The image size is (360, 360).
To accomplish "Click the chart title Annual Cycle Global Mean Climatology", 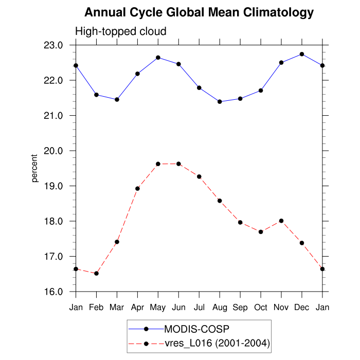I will tap(199, 12).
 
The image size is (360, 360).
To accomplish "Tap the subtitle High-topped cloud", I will tap(121, 31).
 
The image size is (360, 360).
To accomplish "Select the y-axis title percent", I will tap(34, 168).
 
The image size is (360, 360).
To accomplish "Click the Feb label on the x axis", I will tap(96, 308).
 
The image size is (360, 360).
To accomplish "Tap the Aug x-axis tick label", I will tap(220, 308).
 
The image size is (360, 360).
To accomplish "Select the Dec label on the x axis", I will tap(302, 308).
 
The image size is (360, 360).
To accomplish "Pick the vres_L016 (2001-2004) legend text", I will tap(217, 343).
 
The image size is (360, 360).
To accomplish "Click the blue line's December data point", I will tap(302, 54).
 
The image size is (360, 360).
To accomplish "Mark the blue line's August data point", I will tap(220, 102).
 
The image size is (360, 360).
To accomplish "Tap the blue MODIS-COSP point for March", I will tap(117, 99).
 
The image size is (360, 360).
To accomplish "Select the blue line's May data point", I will tap(158, 58).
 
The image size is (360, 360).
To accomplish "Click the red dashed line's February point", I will tap(96, 274).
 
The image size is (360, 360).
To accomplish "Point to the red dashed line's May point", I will tap(158, 164).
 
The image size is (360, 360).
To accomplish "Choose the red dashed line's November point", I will tap(281, 221).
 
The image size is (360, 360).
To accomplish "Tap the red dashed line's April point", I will tap(137, 189).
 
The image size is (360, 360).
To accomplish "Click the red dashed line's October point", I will tap(261, 232).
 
